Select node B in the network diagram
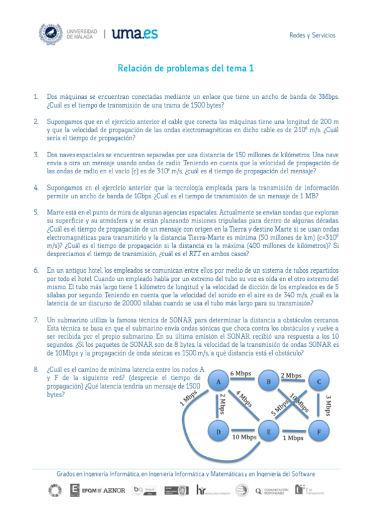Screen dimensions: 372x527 coord(269,382)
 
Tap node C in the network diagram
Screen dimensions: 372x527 coord(318,382)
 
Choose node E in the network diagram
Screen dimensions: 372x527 coord(269,431)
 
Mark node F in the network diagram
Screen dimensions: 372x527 coord(318,431)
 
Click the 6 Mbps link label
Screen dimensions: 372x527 coord(240,373)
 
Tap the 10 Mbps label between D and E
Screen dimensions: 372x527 coord(244,438)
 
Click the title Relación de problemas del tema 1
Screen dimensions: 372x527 coord(186,68)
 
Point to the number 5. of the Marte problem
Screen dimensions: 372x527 coord(36,212)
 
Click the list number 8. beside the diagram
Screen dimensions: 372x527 coord(36,369)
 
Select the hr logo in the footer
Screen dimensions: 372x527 coord(201,490)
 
